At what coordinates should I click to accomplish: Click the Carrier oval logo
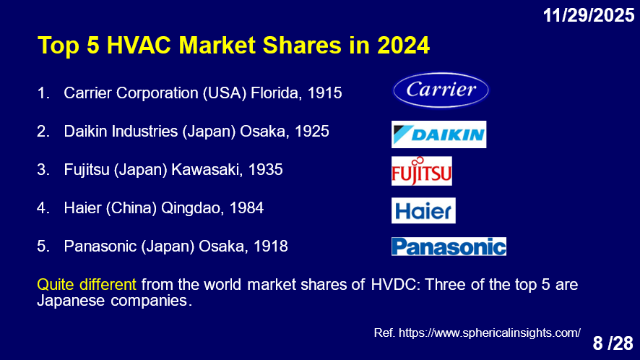point(441,90)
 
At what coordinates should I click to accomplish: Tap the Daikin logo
point(438,134)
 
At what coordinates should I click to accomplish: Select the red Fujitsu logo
point(422,171)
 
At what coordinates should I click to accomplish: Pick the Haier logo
point(423,210)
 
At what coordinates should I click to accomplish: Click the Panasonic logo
point(449,247)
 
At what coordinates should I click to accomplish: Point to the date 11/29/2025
point(589,15)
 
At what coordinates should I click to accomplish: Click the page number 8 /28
point(613,343)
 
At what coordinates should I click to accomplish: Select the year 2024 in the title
point(403,45)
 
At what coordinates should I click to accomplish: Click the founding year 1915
point(324,93)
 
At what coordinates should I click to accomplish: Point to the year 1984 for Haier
point(246,208)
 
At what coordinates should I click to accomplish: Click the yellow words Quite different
point(87,284)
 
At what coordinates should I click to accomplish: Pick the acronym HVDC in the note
point(396,284)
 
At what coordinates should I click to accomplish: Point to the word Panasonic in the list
point(100,247)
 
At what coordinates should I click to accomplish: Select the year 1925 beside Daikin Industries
point(312,131)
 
